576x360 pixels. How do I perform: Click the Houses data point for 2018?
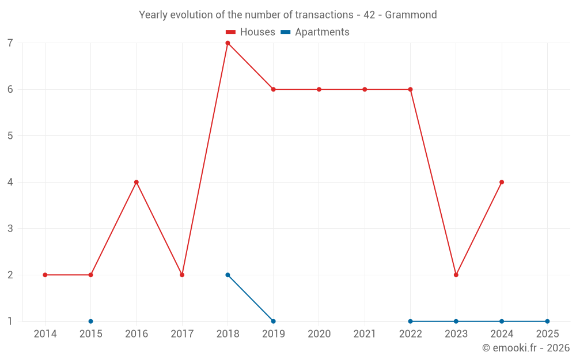228,43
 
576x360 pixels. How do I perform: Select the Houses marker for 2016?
137,182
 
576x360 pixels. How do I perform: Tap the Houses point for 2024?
502,182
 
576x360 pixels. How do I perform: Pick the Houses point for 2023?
456,275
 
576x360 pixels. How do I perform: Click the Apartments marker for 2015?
91,321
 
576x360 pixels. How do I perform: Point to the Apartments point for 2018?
228,275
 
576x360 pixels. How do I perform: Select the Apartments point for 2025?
547,321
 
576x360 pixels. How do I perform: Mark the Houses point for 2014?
45,275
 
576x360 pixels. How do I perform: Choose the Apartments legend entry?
315,32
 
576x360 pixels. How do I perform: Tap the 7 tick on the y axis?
10,43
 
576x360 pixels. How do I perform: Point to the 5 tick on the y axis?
10,136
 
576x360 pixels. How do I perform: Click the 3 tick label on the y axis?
10,229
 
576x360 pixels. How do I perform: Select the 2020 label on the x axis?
319,334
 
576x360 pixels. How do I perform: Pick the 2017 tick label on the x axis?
182,334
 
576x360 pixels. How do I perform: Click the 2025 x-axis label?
547,334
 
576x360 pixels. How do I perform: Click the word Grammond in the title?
411,14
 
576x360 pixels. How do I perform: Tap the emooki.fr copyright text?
526,348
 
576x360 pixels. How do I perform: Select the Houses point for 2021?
365,89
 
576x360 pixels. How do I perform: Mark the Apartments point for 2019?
273,321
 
